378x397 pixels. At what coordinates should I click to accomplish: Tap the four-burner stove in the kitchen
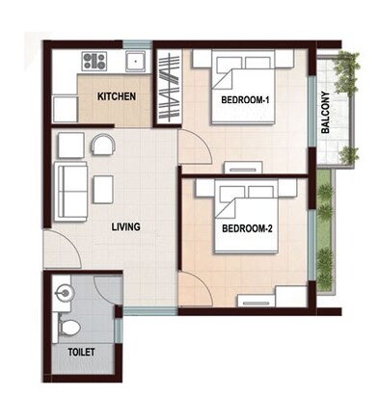click(94, 63)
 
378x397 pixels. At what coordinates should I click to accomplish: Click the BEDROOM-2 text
click(247, 229)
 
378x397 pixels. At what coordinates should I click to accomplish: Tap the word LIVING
click(125, 227)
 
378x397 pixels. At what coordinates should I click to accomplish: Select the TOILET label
click(81, 353)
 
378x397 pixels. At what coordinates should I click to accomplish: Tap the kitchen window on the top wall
click(135, 43)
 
